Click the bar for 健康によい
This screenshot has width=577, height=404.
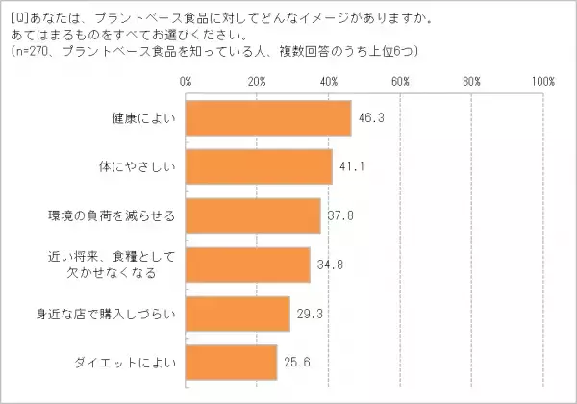click(x=267, y=118)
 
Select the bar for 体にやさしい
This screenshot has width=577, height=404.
click(x=258, y=167)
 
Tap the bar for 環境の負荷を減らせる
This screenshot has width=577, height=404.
click(x=252, y=215)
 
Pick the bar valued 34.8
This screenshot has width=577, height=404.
click(x=247, y=265)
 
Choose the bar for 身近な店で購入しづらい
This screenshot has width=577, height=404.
click(x=237, y=314)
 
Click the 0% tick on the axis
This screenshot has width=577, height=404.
click(x=186, y=81)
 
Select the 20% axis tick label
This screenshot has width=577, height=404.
click(x=257, y=81)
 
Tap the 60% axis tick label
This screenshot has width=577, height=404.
click(x=400, y=81)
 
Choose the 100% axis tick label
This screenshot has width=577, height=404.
click(x=541, y=81)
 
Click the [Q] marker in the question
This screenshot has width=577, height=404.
click(x=16, y=15)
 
